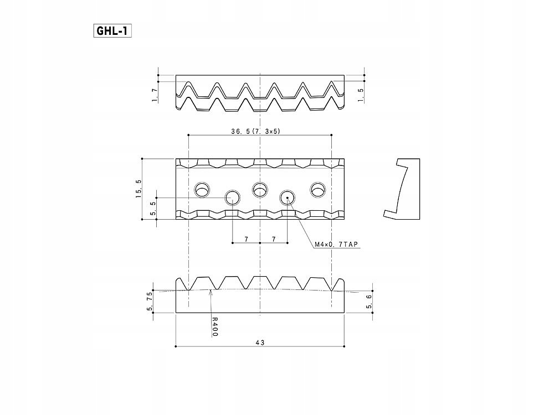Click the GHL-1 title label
(112, 30)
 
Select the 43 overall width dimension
(260, 343)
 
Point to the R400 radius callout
(215, 326)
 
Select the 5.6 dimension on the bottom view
(370, 301)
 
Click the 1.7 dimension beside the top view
(154, 95)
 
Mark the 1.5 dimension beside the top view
(361, 95)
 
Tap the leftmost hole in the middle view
(202, 189)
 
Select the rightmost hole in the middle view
(318, 189)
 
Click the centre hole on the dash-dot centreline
(260, 189)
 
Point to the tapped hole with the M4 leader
(288, 197)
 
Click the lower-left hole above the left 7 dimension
(232, 197)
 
